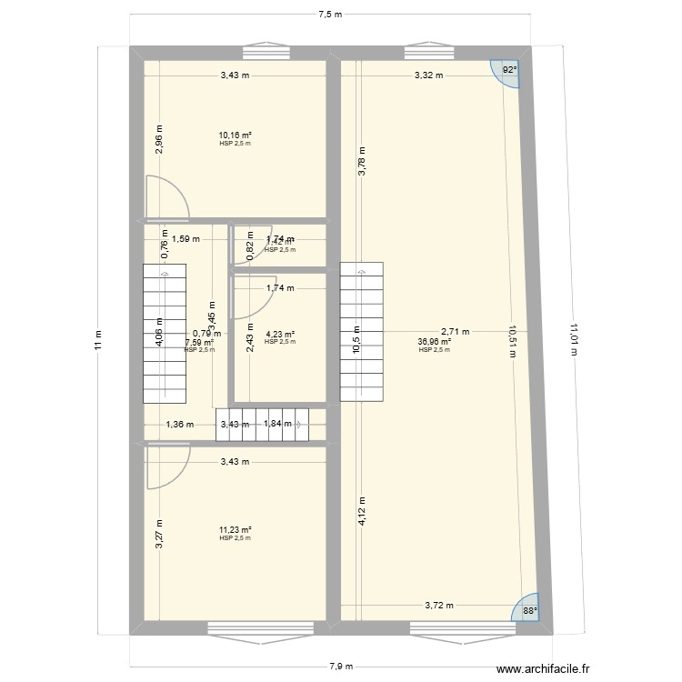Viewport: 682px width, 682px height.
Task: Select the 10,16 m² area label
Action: click(235, 135)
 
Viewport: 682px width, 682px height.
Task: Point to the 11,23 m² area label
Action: click(235, 530)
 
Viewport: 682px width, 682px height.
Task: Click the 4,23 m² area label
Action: click(280, 334)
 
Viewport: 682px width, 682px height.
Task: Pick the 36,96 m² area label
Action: click(434, 342)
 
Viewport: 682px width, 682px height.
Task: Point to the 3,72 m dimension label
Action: click(439, 605)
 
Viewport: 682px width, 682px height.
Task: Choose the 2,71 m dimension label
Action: click(456, 332)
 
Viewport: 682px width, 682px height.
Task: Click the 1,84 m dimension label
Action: click(277, 424)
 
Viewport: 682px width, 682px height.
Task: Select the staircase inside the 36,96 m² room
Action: click(362, 332)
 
